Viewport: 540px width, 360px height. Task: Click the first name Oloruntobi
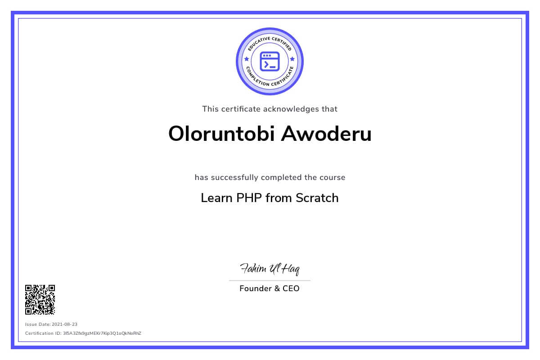221,134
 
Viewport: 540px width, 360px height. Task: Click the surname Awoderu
326,134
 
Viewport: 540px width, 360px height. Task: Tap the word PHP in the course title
249,198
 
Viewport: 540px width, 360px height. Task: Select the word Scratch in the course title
317,198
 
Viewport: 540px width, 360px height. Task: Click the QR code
40,300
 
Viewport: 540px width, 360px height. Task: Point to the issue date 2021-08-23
65,324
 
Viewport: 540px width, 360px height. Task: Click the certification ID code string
102,333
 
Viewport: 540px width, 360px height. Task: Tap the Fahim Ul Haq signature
270,269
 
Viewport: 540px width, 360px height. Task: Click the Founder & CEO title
270,288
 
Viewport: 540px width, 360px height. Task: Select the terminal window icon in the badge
270,62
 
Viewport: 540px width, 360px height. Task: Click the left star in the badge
247,59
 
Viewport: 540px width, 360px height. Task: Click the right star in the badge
292,59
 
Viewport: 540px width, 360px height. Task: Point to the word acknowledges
291,109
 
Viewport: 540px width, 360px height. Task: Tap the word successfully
234,177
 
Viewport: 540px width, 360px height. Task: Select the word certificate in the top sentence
241,109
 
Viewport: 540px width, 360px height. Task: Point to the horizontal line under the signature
270,281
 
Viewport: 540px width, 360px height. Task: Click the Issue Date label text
38,324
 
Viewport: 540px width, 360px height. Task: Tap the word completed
281,177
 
